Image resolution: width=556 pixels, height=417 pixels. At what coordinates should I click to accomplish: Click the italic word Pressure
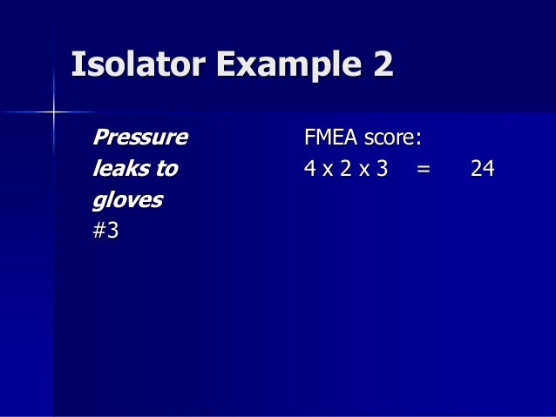139,138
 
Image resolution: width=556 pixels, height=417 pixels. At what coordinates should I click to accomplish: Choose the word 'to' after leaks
166,169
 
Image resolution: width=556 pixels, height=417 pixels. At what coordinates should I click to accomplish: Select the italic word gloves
127,200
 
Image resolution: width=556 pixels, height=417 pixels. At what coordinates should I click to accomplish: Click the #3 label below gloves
105,232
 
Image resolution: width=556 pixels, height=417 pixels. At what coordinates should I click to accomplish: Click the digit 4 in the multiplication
310,169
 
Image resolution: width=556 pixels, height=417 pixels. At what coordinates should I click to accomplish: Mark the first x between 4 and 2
328,170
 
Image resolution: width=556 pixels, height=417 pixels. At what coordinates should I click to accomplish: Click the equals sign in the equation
424,170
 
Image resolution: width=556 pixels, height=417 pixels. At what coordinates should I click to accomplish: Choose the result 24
482,169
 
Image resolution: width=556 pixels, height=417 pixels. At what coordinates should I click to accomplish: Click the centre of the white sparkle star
53,111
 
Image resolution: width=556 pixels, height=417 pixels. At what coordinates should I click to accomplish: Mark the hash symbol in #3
99,232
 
